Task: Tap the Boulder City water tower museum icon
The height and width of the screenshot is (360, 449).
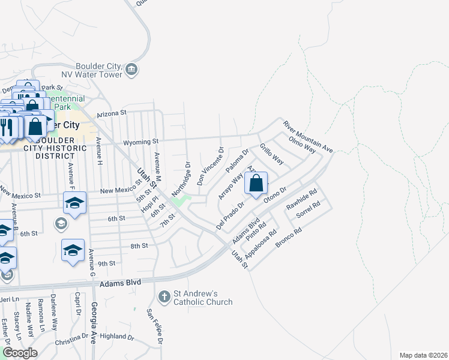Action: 131,71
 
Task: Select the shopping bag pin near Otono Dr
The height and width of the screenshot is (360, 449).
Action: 256,183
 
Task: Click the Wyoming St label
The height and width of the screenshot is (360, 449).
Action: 140,142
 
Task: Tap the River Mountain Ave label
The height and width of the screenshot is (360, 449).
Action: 308,136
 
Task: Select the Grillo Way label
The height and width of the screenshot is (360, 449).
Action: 271,154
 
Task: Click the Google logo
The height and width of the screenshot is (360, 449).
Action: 20,353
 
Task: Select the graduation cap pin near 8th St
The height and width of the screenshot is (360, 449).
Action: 73,250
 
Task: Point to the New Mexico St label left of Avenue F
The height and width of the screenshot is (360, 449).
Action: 20,193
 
